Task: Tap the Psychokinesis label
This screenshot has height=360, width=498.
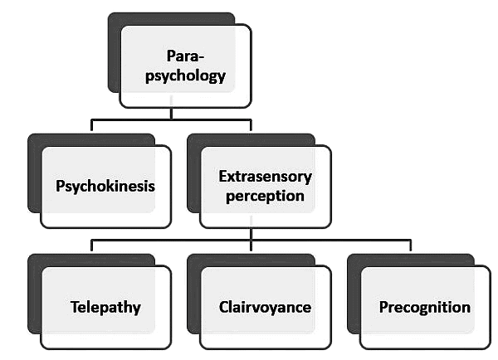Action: click(105, 185)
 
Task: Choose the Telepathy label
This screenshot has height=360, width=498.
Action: click(105, 307)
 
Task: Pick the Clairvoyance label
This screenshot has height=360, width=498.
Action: click(266, 307)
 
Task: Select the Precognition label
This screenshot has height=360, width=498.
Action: click(424, 307)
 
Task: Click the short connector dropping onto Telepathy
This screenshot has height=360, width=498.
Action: click(91, 247)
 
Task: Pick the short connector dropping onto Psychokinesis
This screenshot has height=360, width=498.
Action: click(91, 126)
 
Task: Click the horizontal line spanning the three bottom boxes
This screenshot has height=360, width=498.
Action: click(332, 241)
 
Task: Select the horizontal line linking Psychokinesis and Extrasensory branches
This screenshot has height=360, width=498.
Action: click(133, 120)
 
